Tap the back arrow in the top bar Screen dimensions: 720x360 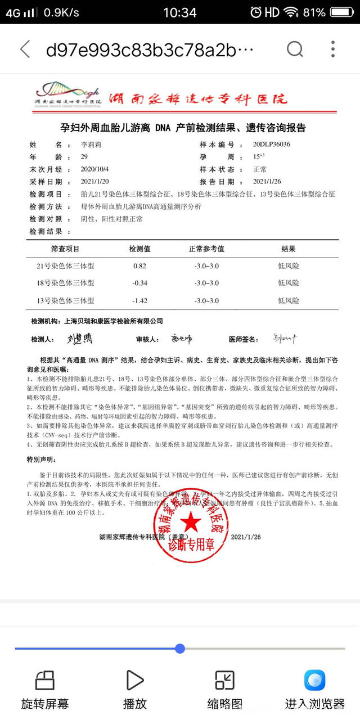(x=25, y=49)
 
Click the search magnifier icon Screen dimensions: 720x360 (x=295, y=49)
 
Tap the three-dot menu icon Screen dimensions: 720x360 (x=333, y=49)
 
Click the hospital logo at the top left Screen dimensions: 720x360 (x=66, y=96)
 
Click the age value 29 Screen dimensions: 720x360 (x=85, y=157)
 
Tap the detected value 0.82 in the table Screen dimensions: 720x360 (x=140, y=266)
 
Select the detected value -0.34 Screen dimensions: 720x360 (x=140, y=283)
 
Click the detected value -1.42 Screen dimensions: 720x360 (x=140, y=300)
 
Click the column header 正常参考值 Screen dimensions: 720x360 (x=206, y=249)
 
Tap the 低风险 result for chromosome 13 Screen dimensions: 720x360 (x=288, y=300)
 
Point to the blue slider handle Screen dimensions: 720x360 (x=180, y=649)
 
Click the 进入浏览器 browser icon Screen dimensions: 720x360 (x=314, y=680)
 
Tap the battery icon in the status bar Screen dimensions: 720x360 (x=344, y=12)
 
